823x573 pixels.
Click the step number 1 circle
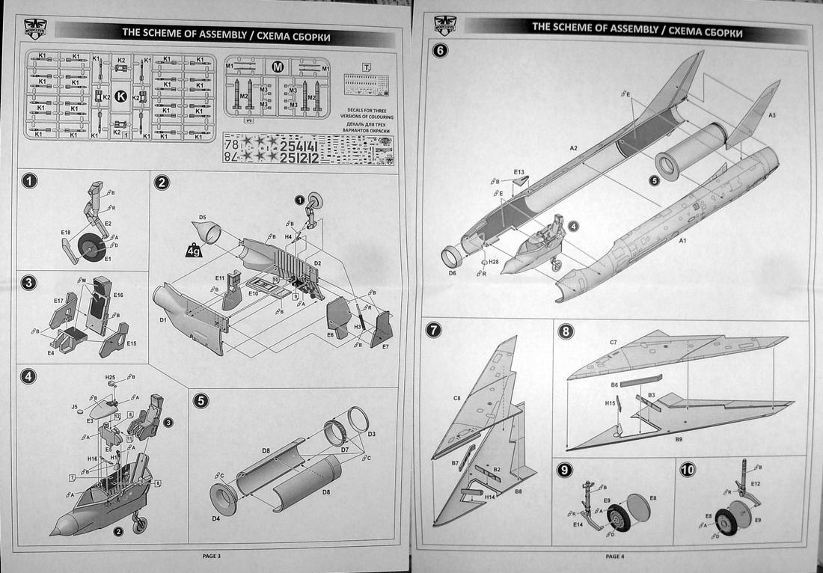point(29,181)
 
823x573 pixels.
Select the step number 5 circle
point(201,401)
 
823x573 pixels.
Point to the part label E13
point(518,172)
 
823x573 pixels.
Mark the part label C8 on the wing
point(456,399)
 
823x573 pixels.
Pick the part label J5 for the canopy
point(74,407)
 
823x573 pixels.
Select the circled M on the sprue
point(277,67)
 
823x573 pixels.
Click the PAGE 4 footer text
point(617,555)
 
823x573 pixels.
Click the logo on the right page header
point(441,25)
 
